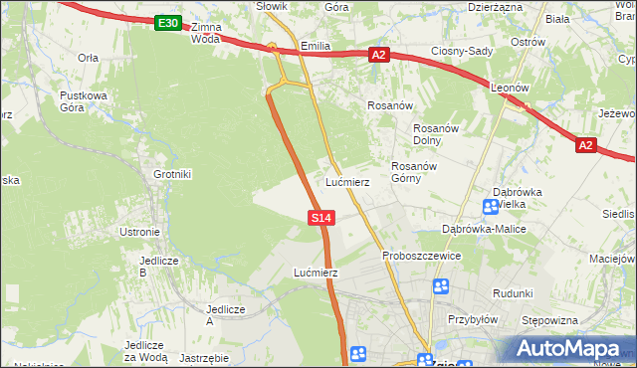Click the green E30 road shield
168,23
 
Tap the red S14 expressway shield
320,217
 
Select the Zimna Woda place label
205,33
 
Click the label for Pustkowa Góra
83,101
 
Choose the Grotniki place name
172,174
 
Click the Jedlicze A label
224,314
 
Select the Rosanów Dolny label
434,133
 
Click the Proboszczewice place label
422,256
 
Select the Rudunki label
513,293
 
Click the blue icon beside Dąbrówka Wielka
491,207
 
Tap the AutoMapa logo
566,348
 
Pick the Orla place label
88,58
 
